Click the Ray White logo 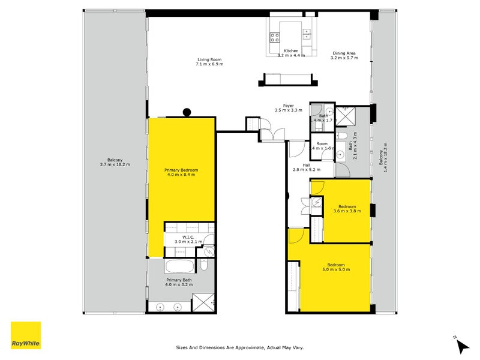point(26,335)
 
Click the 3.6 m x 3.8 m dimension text point(347,211)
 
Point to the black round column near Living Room point(187,111)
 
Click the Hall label point(306,165)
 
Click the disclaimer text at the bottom point(244,347)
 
